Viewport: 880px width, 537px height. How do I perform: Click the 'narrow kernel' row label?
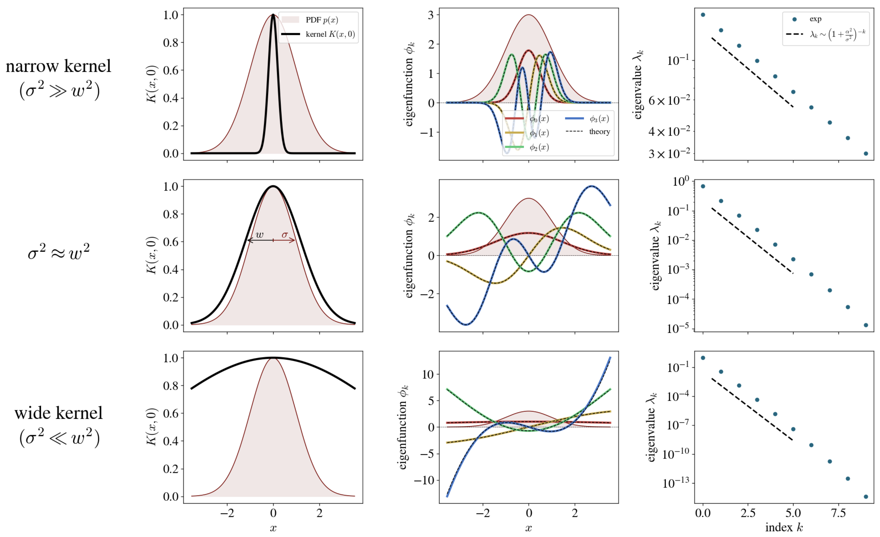click(x=58, y=66)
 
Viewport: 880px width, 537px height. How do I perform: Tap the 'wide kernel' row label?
click(x=58, y=413)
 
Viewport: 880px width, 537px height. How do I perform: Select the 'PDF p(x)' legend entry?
click(x=321, y=20)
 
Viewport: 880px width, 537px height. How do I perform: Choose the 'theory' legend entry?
click(x=599, y=132)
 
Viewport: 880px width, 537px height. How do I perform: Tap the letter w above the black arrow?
click(x=260, y=235)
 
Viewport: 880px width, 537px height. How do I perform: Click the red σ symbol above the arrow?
click(x=285, y=235)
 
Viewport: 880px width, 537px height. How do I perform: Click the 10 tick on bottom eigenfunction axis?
click(x=428, y=374)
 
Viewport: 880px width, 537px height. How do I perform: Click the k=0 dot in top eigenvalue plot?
click(x=703, y=15)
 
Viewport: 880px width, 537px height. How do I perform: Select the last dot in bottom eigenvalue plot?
click(x=866, y=497)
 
